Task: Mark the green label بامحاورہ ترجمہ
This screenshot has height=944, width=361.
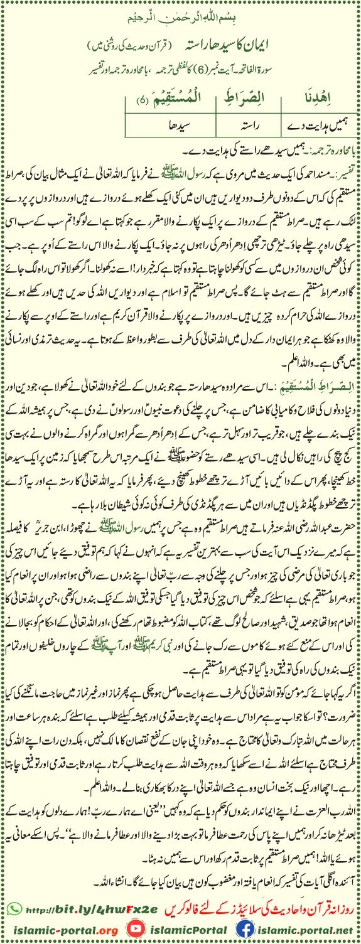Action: (330, 151)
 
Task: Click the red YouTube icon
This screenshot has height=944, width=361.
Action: (133, 929)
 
